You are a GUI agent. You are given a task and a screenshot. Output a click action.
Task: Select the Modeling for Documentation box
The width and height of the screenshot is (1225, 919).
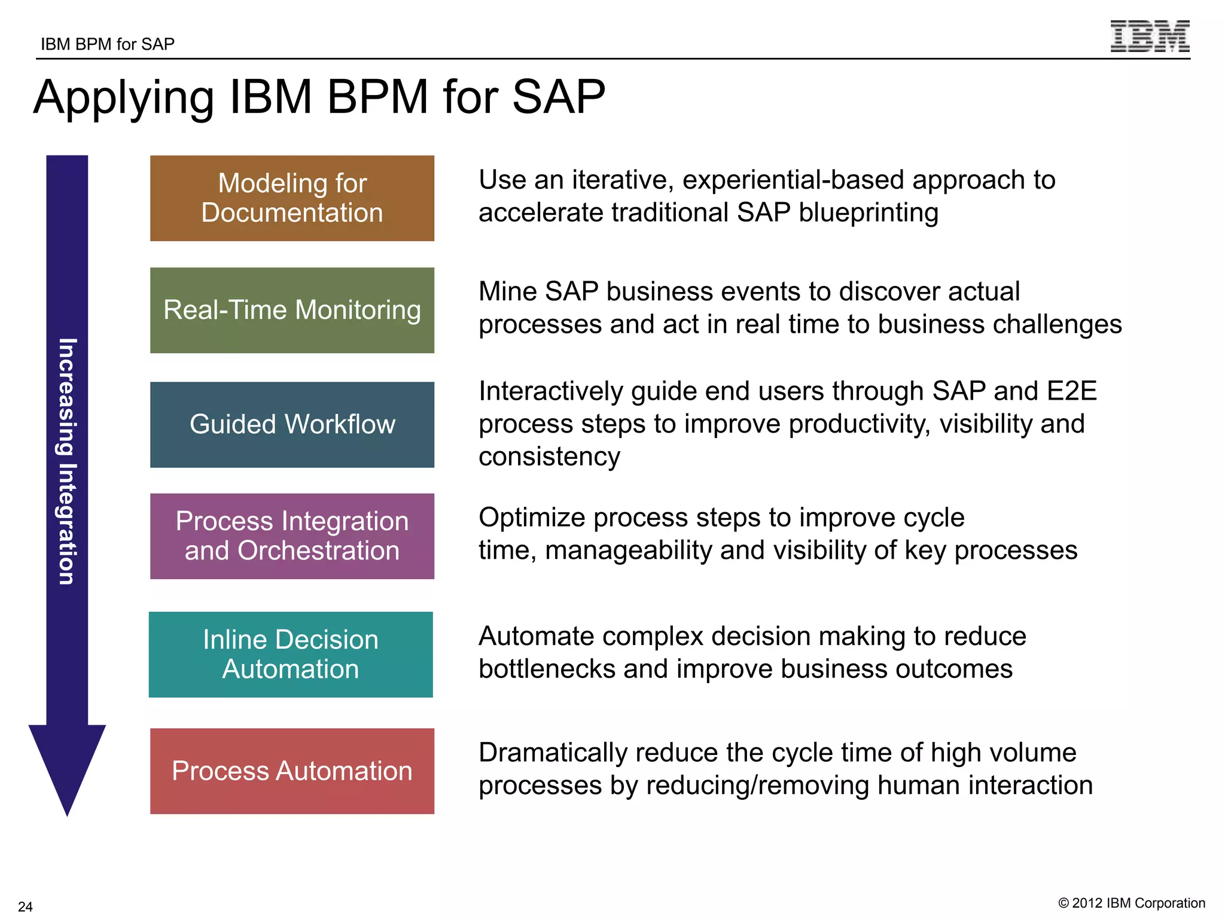[x=292, y=198]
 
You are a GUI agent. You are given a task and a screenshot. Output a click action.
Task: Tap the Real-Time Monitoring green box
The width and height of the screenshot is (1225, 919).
[x=292, y=310]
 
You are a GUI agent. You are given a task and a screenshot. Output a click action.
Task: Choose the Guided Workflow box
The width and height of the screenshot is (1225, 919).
[x=292, y=424]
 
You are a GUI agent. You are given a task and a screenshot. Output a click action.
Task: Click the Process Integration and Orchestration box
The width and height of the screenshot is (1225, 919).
[x=292, y=536]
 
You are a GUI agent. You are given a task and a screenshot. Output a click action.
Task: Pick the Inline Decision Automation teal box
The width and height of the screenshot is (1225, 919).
[x=291, y=654]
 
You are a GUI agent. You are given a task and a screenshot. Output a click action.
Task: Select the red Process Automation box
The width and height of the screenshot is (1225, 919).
[x=292, y=771]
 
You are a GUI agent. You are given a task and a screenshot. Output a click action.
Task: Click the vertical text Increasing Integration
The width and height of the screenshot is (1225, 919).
[x=67, y=461]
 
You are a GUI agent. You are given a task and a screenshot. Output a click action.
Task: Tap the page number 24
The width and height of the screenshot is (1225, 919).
[x=25, y=906]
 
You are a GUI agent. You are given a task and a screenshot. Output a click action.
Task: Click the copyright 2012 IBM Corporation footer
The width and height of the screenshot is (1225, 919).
[x=1132, y=903]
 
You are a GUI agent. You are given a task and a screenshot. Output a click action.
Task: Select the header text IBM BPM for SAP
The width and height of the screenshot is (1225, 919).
[x=108, y=44]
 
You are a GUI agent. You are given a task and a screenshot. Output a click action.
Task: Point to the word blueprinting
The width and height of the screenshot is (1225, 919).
[x=869, y=213]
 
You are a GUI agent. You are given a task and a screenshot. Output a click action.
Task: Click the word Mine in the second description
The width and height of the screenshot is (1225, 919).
[x=508, y=291]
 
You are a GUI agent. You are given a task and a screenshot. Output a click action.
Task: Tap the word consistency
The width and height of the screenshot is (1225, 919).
[x=549, y=457]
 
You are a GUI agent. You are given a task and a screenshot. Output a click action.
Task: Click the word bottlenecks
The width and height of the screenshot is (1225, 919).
[x=547, y=669]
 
